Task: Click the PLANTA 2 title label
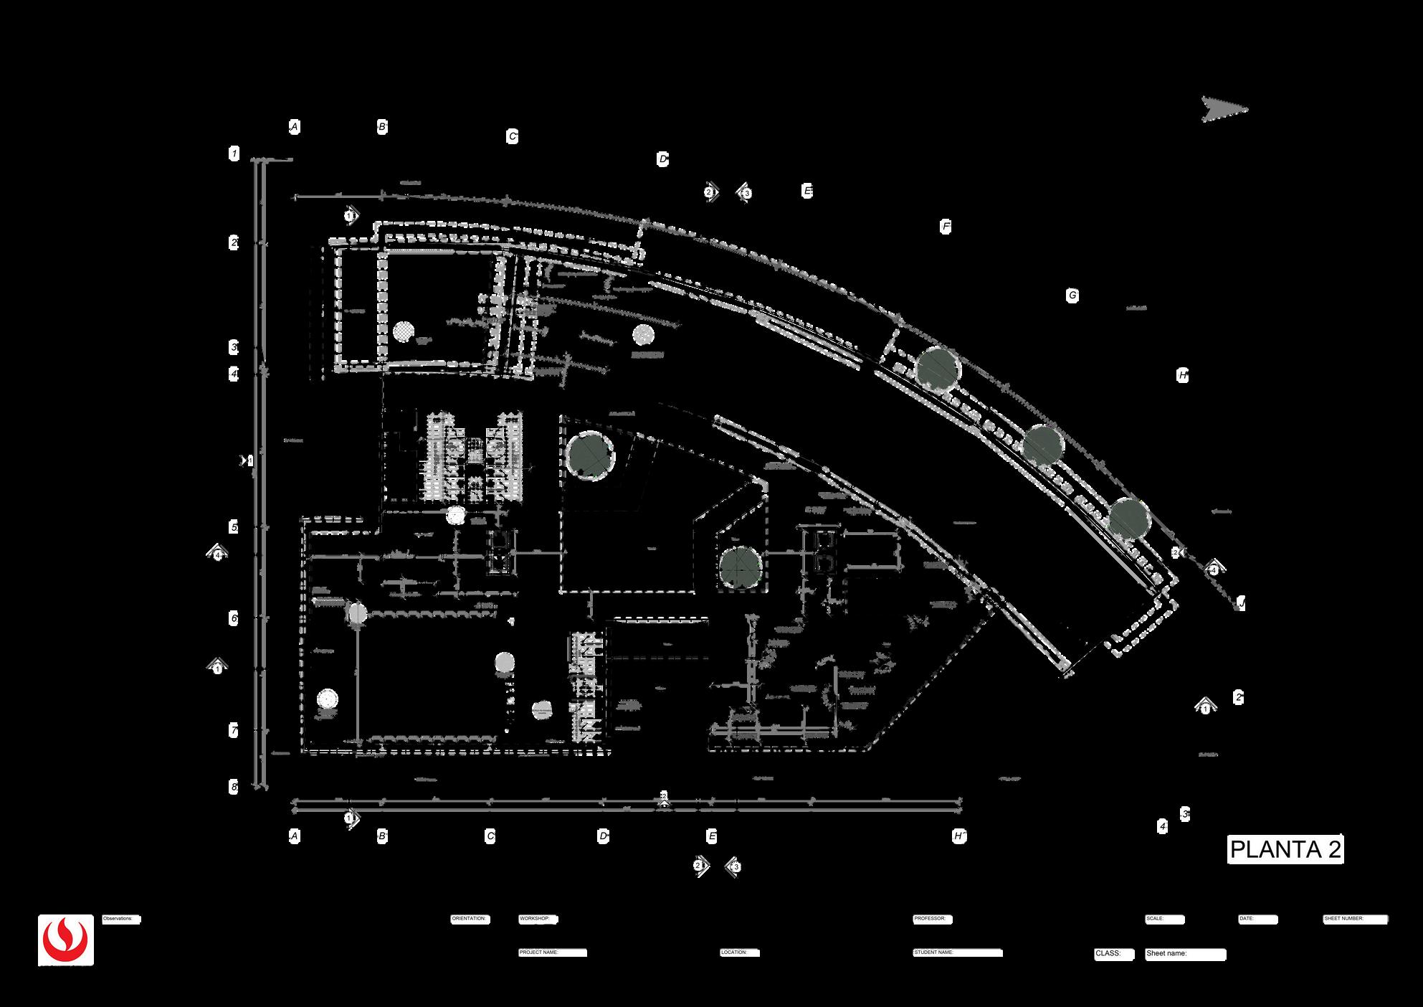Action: point(1285,850)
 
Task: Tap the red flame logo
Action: point(66,940)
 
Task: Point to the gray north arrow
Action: point(1224,110)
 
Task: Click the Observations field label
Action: point(120,919)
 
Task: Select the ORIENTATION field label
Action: point(470,919)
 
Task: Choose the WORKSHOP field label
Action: point(536,919)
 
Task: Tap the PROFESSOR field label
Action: point(931,919)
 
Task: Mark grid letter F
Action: point(946,227)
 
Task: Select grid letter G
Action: point(1072,296)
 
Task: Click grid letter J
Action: point(1241,604)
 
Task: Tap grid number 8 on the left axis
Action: point(234,787)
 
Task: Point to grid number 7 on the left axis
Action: point(234,731)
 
